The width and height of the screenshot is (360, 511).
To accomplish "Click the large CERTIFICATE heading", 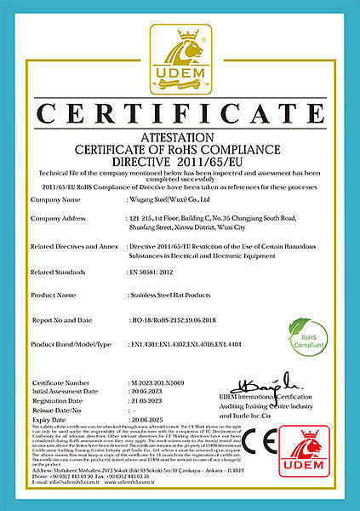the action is [x=180, y=113].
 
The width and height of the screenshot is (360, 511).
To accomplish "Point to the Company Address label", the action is [x=61, y=219].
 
